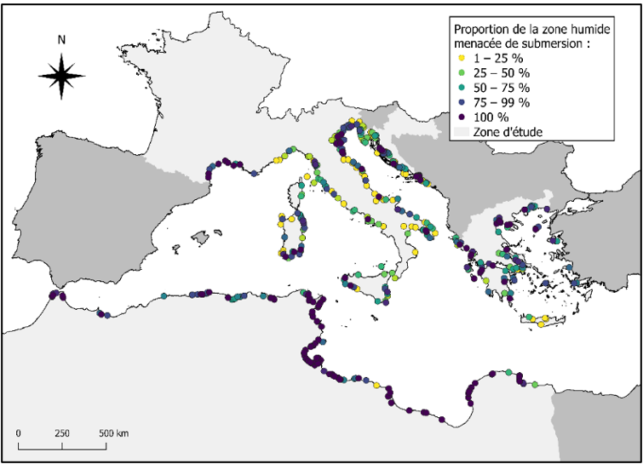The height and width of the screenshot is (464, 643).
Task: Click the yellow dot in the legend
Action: pos(462,58)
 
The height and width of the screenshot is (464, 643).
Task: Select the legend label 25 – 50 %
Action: pos(500,72)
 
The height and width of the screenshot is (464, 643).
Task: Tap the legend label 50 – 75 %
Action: pos(500,87)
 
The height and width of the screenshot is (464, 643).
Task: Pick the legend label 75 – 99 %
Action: pos(500,102)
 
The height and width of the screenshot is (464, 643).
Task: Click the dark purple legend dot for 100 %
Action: pos(462,117)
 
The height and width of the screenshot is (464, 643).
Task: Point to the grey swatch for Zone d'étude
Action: pos(462,131)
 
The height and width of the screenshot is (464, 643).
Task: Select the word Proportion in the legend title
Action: pos(482,29)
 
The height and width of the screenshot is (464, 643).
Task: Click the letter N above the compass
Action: pos(61,39)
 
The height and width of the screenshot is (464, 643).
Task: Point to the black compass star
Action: pos(61,75)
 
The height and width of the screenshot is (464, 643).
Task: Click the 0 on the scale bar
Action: pos(19,433)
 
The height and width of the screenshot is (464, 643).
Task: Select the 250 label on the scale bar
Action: pos(61,433)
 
